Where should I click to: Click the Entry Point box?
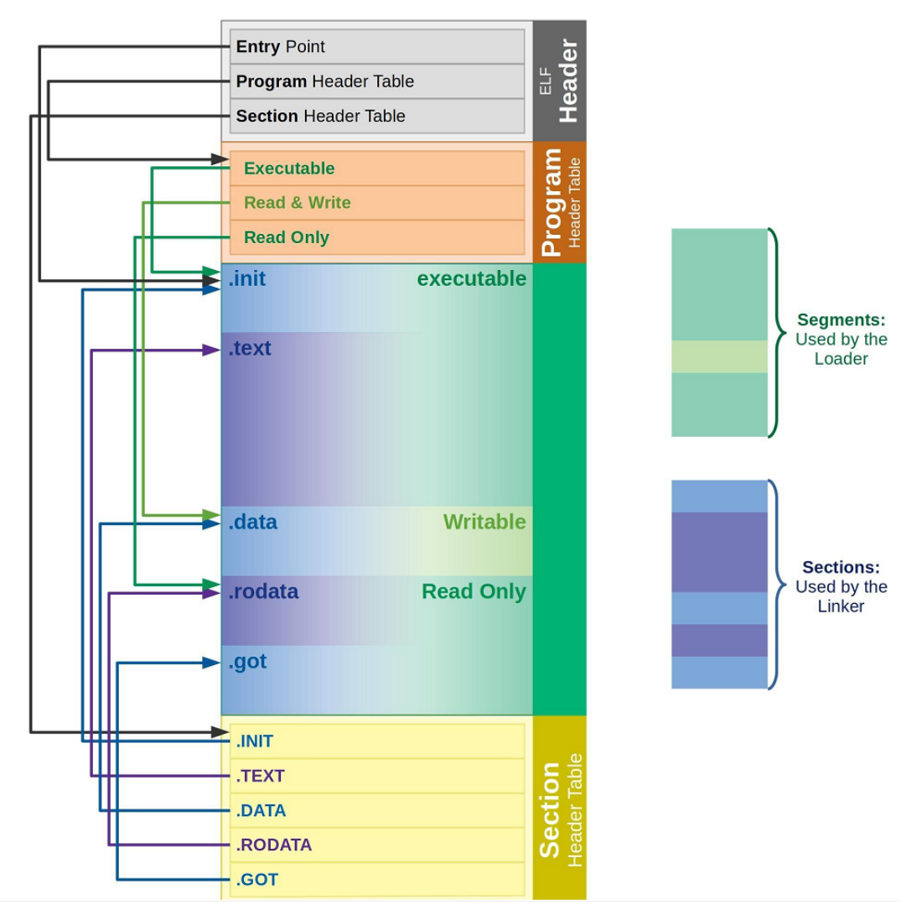coord(377,47)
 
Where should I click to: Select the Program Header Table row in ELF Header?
coord(377,81)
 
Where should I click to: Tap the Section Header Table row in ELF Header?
coord(377,116)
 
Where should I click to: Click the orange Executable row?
coord(377,169)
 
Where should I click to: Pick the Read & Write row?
coord(377,203)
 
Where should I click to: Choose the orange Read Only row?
coord(377,237)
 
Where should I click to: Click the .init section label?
coord(247,278)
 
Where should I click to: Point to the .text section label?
coord(250,348)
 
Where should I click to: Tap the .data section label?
coord(252,523)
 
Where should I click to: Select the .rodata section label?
coord(263,591)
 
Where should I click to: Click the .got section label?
coord(247,661)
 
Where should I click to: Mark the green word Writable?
coord(484,523)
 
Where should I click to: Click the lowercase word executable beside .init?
coord(472,278)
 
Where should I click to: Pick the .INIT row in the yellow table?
coord(377,741)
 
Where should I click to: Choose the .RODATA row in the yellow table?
coord(377,845)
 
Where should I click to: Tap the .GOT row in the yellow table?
coord(377,880)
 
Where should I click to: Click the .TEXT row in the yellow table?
coord(377,776)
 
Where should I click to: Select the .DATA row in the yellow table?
coord(377,810)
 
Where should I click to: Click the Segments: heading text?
coord(841,320)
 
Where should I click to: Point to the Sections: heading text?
coord(841,567)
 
